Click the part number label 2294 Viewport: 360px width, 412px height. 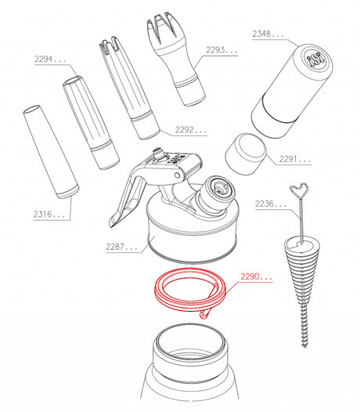[50, 59]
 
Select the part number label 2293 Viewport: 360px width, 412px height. [221, 50]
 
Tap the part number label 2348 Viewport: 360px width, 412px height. [268, 34]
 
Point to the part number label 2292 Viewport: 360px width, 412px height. [191, 129]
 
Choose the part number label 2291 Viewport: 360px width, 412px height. [295, 159]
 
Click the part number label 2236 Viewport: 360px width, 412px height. [271, 204]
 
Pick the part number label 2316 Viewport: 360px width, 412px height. [49, 214]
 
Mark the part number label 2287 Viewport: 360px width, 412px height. [121, 247]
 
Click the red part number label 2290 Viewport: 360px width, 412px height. [257, 276]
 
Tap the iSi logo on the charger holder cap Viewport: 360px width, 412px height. [315, 60]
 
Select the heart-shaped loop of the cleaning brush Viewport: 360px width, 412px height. [299, 190]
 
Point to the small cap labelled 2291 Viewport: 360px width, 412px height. [246, 154]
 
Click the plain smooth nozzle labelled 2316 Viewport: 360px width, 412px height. [51, 152]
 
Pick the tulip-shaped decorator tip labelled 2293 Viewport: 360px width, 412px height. [175, 58]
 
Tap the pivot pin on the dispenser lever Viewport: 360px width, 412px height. [177, 175]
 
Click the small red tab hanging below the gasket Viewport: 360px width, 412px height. [204, 315]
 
